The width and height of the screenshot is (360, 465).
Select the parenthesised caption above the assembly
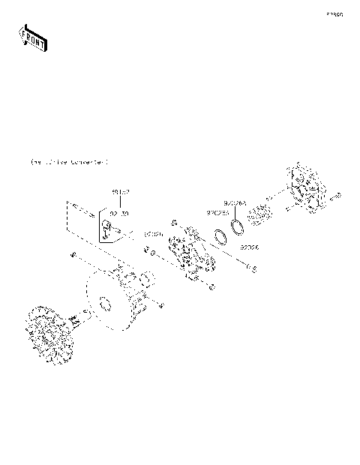click(x=68, y=161)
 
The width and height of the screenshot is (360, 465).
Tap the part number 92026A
click(x=234, y=202)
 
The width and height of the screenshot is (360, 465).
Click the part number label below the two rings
click(x=250, y=247)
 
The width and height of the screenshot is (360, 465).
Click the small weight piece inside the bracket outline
click(x=108, y=236)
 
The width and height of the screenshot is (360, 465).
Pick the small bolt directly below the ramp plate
click(x=212, y=286)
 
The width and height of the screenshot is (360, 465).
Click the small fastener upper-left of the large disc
click(x=72, y=256)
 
